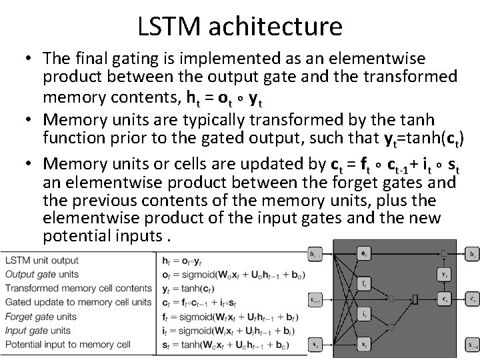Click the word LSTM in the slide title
[169, 26]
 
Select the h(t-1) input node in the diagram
[315, 254]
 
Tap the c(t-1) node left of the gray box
[315, 299]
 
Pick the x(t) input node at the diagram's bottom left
[315, 344]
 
